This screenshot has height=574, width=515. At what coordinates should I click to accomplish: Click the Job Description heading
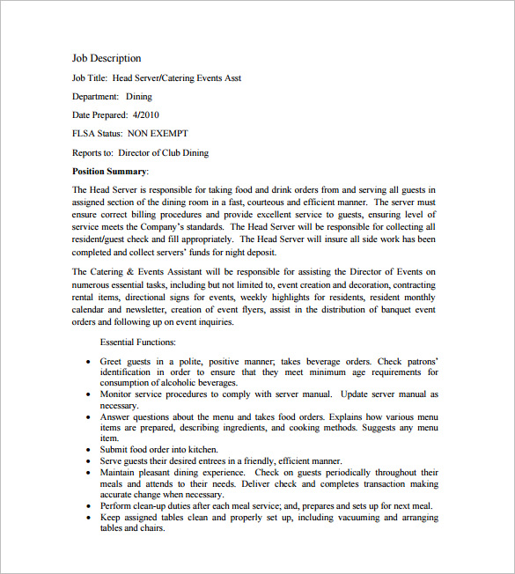coord(107,59)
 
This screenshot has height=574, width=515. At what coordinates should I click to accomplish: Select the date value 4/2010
coord(145,115)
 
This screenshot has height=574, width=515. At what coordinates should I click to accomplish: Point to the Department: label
coord(95,97)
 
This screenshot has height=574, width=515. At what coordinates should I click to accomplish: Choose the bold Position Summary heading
coord(109,171)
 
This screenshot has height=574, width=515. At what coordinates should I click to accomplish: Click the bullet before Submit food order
coord(89,450)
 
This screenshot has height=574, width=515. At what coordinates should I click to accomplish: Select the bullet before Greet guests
coord(89,361)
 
